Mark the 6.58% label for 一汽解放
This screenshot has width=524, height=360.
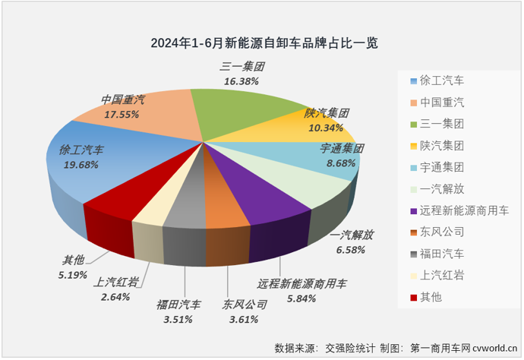(x=352, y=249)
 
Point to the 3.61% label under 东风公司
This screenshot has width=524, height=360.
(x=245, y=319)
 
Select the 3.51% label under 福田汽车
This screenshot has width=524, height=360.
(x=178, y=319)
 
